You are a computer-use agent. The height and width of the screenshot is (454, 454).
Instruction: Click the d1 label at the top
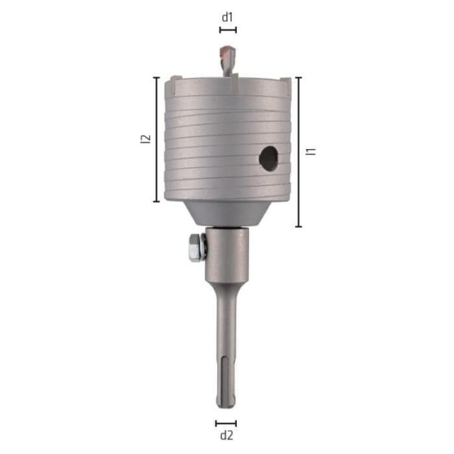click(x=227, y=17)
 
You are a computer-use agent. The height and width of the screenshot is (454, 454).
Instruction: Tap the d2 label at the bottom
click(x=226, y=435)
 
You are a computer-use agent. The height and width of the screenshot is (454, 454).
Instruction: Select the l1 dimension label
click(x=311, y=151)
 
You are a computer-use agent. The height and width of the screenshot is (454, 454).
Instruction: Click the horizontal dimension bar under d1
click(x=228, y=30)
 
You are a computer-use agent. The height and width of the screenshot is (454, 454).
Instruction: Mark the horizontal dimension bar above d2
click(x=225, y=424)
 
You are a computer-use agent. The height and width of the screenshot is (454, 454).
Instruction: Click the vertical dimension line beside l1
click(x=299, y=152)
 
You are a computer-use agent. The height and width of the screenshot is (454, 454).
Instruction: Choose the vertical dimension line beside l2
click(x=157, y=139)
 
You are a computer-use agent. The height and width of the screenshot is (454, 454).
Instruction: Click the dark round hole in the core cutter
click(x=269, y=159)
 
